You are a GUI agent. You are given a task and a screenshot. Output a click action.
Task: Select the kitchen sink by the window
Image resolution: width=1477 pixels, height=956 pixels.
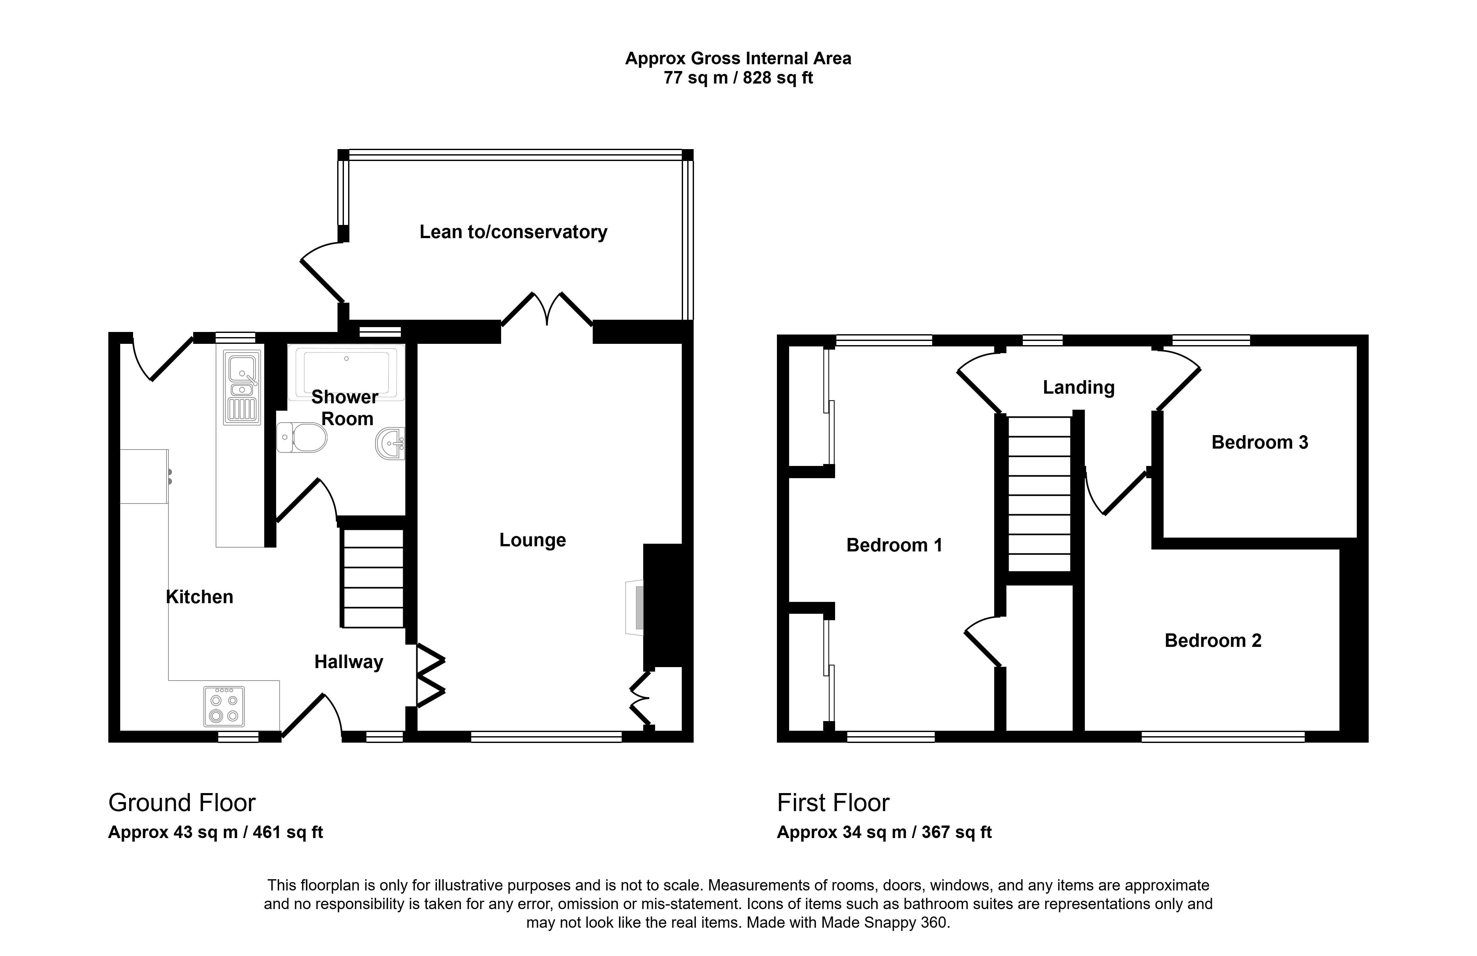click(242, 388)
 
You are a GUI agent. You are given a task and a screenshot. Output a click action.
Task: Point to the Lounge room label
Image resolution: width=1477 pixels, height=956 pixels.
click(533, 541)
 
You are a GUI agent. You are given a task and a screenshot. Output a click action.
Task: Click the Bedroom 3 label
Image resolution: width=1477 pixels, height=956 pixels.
click(1260, 442)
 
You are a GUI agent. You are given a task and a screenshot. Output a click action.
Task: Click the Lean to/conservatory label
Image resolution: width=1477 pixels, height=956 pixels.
click(513, 232)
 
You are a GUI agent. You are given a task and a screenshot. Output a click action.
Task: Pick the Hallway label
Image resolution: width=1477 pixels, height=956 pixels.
click(349, 662)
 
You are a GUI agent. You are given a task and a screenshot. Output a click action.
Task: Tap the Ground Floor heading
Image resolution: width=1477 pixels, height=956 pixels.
click(182, 803)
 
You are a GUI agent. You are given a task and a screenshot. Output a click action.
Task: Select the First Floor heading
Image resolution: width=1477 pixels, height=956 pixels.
click(833, 803)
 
